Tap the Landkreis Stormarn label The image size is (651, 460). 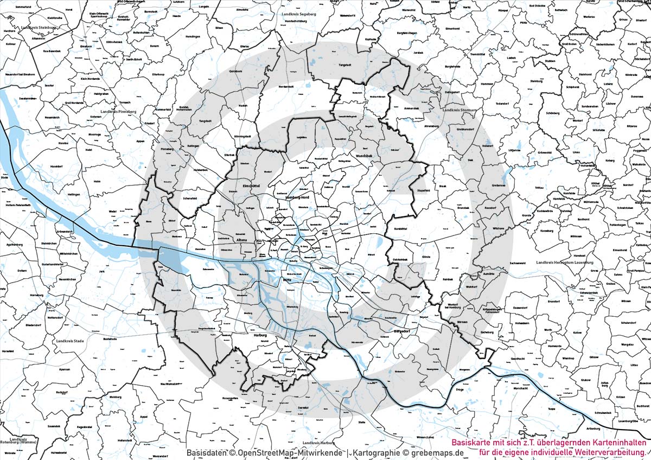[x=459, y=110]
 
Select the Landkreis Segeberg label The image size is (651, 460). [x=299, y=14]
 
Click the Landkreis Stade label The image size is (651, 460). [x=70, y=341]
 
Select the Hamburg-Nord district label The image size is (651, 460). [x=297, y=199]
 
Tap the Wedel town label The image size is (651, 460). [x=113, y=211]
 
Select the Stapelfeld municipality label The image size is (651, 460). [x=422, y=191]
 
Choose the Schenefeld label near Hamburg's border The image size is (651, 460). [x=190, y=199]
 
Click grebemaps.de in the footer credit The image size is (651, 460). [x=440, y=452]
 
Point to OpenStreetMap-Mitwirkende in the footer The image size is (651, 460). [x=292, y=452]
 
